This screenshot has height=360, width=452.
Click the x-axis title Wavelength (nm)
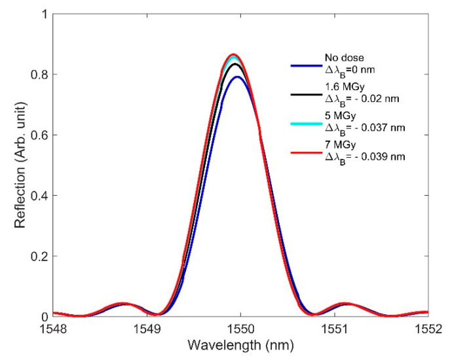click(240, 345)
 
